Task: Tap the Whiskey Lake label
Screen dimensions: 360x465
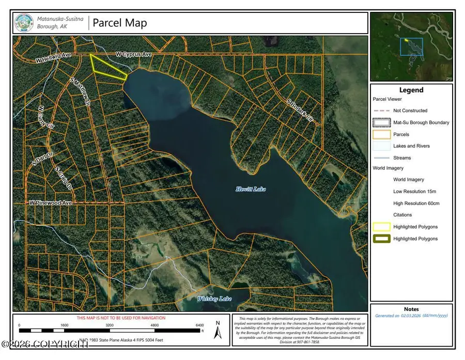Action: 214,299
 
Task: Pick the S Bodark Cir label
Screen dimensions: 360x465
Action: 300,110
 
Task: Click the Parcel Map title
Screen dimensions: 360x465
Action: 120,23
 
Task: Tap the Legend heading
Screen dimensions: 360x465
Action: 411,90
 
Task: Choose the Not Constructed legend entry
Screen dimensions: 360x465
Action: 410,111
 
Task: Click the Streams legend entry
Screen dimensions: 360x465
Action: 402,158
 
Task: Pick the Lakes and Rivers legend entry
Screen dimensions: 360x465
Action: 411,146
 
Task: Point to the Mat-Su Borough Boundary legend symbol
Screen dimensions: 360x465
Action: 381,122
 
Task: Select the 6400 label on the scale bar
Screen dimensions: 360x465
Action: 200,326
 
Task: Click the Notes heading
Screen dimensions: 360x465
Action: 411,309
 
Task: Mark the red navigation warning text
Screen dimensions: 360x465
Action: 121,318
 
